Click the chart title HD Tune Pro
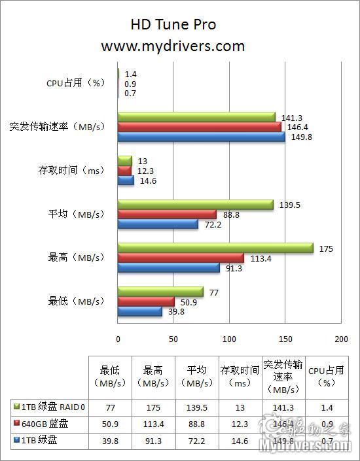[173, 25]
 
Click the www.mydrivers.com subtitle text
[173, 46]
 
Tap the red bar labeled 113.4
[181, 258]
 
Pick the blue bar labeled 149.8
[201, 137]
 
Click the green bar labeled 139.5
[195, 205]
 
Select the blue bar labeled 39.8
[139, 311]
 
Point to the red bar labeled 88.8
[167, 214]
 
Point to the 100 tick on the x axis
[229, 339]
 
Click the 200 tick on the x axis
[340, 339]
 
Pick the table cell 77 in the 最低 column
[111, 407]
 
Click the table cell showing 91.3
[154, 441]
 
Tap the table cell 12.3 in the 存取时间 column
[240, 424]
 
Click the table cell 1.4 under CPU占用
[327, 407]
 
